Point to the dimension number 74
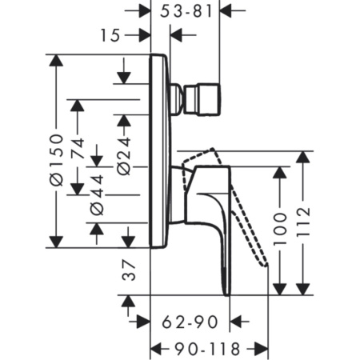[x=77, y=148]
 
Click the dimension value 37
[x=126, y=274]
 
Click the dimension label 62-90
[x=189, y=322]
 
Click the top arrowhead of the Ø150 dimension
[x=54, y=61]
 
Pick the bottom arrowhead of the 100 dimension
[x=281, y=289]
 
